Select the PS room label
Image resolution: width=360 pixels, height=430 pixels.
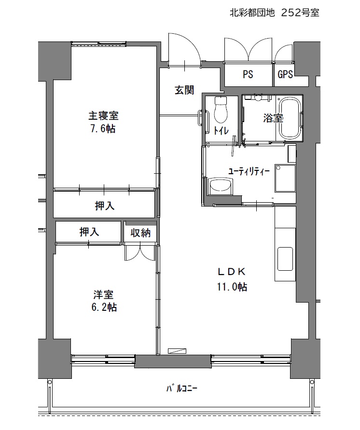click(248, 74)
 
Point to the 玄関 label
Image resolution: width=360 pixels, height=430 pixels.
click(184, 90)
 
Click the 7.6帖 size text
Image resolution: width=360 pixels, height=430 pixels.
click(103, 128)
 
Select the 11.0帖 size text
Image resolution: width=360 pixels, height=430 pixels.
click(232, 287)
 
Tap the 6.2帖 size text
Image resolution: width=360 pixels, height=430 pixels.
click(104, 307)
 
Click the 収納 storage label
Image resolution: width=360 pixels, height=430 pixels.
click(140, 233)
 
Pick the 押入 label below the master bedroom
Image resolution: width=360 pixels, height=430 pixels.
click(104, 206)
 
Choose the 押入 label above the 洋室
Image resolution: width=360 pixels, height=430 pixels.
click(89, 232)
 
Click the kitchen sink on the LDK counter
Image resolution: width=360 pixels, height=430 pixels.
click(285, 259)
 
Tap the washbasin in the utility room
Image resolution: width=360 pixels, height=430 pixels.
click(221, 186)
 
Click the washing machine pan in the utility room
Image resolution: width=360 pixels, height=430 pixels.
click(285, 178)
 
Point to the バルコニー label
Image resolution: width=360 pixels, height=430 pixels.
click(182, 388)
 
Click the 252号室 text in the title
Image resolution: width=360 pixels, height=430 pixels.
click(301, 13)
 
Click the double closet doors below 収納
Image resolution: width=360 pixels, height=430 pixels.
click(140, 252)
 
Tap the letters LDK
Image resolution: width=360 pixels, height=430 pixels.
click(232, 272)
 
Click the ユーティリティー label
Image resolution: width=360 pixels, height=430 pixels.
click(249, 172)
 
